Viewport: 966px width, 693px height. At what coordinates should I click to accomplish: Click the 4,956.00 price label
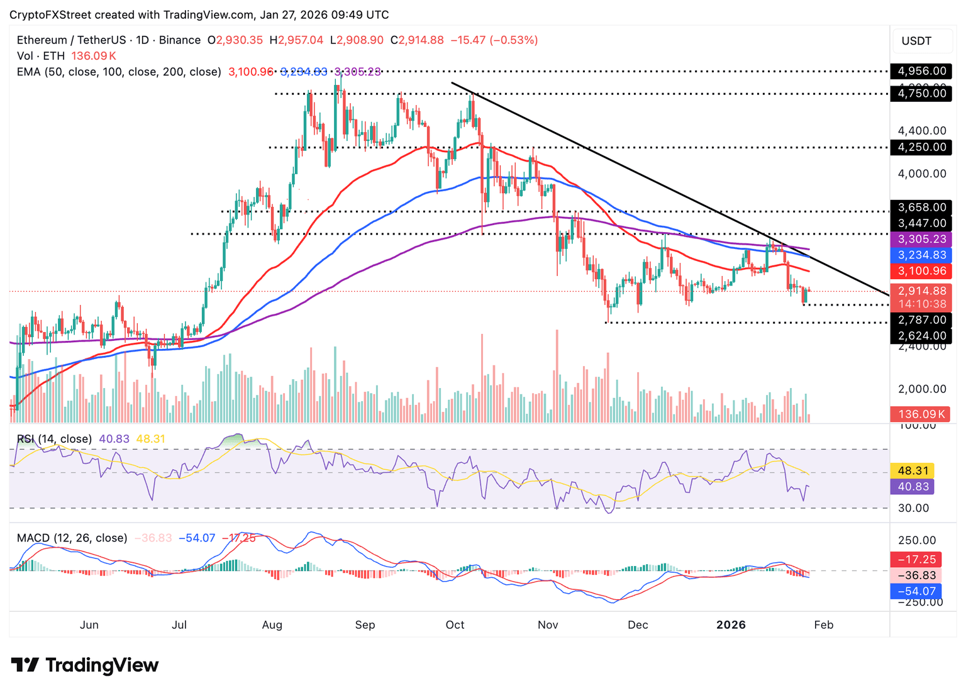(x=921, y=71)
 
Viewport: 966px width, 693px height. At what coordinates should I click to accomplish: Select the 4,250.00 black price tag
(x=921, y=147)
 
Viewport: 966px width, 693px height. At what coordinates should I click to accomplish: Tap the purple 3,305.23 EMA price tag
(x=921, y=239)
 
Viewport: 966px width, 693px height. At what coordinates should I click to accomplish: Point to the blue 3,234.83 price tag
(x=921, y=255)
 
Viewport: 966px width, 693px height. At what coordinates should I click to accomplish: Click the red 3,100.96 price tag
(x=921, y=271)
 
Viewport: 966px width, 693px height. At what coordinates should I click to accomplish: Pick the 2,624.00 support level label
(x=921, y=336)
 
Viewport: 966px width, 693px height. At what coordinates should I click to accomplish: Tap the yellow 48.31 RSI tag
(x=913, y=470)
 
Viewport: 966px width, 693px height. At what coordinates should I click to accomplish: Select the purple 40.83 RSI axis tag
(x=913, y=486)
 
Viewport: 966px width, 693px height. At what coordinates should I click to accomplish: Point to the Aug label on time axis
(x=272, y=624)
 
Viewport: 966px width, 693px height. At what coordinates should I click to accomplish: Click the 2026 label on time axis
(x=731, y=624)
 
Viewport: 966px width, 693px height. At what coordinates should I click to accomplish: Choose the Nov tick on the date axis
(x=548, y=624)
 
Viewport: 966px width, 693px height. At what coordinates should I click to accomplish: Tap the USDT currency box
(x=916, y=41)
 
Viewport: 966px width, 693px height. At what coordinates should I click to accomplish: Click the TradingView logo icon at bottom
(x=25, y=665)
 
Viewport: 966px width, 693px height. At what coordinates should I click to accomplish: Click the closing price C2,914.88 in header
(x=417, y=40)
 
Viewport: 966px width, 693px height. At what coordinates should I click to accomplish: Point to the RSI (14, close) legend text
(x=54, y=439)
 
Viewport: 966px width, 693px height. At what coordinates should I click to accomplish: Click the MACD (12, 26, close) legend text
(x=72, y=538)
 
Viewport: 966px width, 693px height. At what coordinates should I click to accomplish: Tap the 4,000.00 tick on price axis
(x=922, y=174)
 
